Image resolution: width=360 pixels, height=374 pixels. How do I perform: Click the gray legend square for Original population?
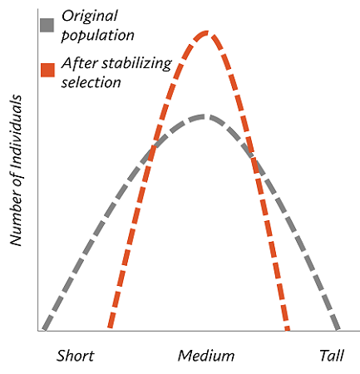click(x=47, y=24)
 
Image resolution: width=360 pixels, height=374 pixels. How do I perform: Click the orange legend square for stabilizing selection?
click(x=47, y=66)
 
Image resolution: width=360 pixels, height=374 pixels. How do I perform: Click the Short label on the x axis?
click(x=75, y=356)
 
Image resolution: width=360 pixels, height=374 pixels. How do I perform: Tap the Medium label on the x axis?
click(x=205, y=356)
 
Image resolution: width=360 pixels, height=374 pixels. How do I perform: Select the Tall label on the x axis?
click(x=332, y=356)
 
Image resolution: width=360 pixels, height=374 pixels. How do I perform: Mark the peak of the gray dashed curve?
click(x=203, y=116)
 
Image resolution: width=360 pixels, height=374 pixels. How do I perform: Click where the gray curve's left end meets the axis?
click(x=43, y=330)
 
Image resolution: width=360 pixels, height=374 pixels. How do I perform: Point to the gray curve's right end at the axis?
click(x=337, y=330)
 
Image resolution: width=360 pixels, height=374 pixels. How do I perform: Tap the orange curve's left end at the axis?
click(x=111, y=330)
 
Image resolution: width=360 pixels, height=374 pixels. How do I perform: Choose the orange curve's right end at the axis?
click(x=288, y=330)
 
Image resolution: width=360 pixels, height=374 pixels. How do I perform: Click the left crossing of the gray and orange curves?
click(x=150, y=150)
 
